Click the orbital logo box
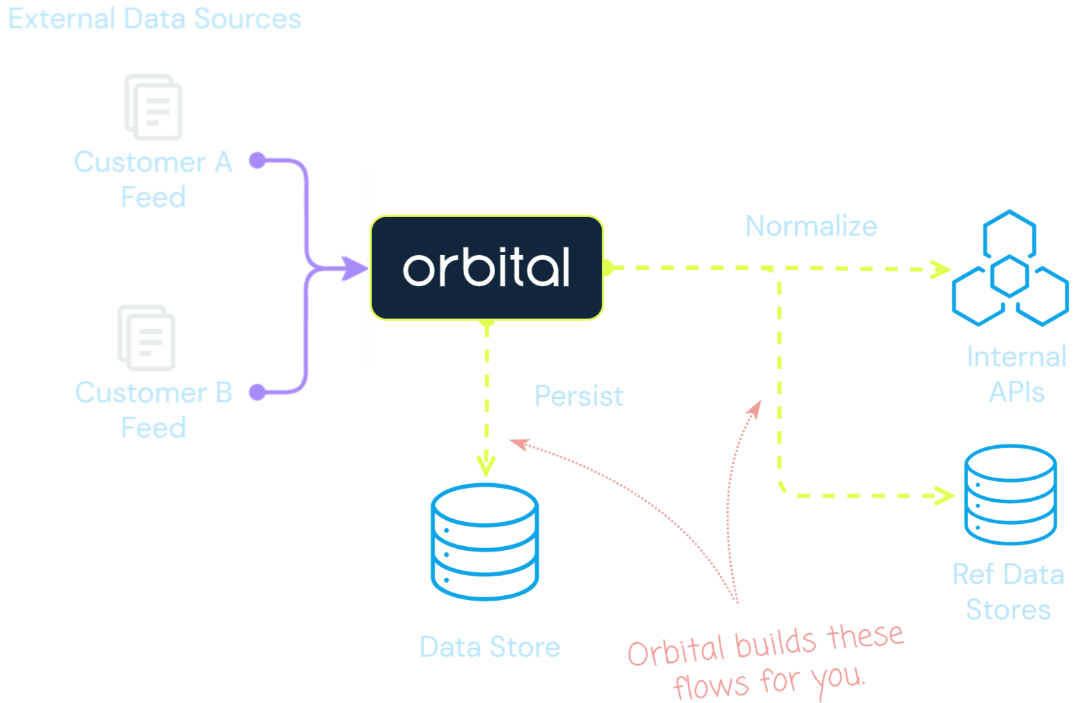pyautogui.click(x=487, y=268)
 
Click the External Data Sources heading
pyautogui.click(x=155, y=19)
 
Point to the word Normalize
pyautogui.click(x=810, y=226)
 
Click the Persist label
pyautogui.click(x=578, y=396)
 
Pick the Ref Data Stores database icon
pyautogui.click(x=1010, y=494)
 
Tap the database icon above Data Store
pyautogui.click(x=484, y=541)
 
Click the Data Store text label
pyautogui.click(x=490, y=647)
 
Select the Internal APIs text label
pyautogui.click(x=1016, y=374)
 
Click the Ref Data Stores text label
pyautogui.click(x=1007, y=592)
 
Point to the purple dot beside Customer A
pyautogui.click(x=257, y=160)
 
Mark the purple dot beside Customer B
pyautogui.click(x=257, y=392)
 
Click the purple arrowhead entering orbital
pyautogui.click(x=356, y=268)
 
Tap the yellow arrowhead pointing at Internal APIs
pyautogui.click(x=941, y=269)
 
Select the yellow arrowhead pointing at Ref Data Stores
pyautogui.click(x=945, y=495)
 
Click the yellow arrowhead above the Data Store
pyautogui.click(x=486, y=465)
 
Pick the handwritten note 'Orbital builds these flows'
pyautogui.click(x=766, y=660)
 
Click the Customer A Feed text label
pyautogui.click(x=153, y=180)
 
